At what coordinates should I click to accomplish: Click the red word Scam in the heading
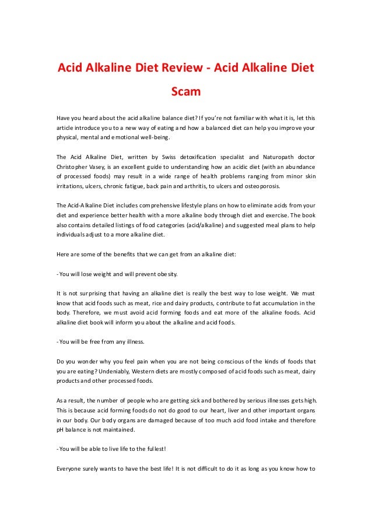pyautogui.click(x=185, y=91)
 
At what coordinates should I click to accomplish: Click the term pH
pyautogui.click(x=61, y=429)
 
